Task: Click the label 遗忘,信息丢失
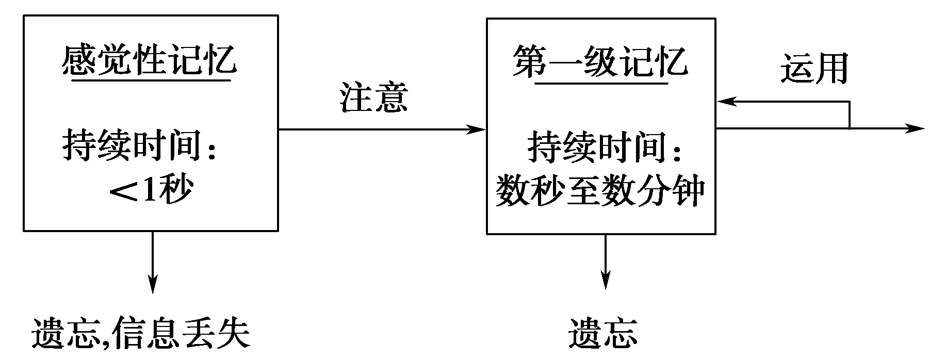[x=140, y=334]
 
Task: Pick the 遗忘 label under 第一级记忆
[x=603, y=334]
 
